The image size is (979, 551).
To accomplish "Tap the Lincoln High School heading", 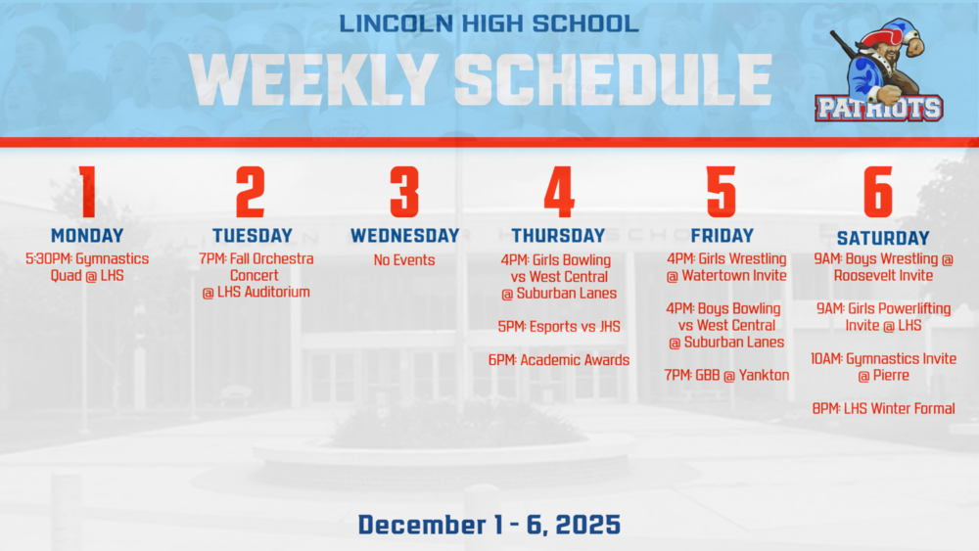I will coord(489,23).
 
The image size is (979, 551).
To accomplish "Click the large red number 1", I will coord(87,192).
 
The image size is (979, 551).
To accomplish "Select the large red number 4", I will coord(558,192).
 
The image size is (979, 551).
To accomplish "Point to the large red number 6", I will coord(877,192).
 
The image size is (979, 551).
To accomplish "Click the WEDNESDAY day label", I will coord(404,236).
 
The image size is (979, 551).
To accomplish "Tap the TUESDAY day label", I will coord(252,236).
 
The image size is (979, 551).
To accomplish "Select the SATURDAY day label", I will coord(883,239).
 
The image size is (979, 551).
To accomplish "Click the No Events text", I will coord(404,260).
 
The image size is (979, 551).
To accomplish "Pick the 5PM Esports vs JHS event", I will coord(558,327).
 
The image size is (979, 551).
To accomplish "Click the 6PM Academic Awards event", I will coord(558,360).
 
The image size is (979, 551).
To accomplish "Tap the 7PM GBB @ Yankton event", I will coord(726,376).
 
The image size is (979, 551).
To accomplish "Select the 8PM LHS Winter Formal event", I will coord(883,409).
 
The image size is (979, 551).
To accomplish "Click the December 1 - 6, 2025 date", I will coord(489,525).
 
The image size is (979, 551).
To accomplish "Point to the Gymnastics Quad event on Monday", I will coord(87,267).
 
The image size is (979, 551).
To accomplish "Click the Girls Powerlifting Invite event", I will coord(883,317).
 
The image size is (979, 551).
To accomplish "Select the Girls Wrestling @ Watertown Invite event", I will coord(726,267).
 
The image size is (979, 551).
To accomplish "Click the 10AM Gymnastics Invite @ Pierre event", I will coord(883,367).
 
